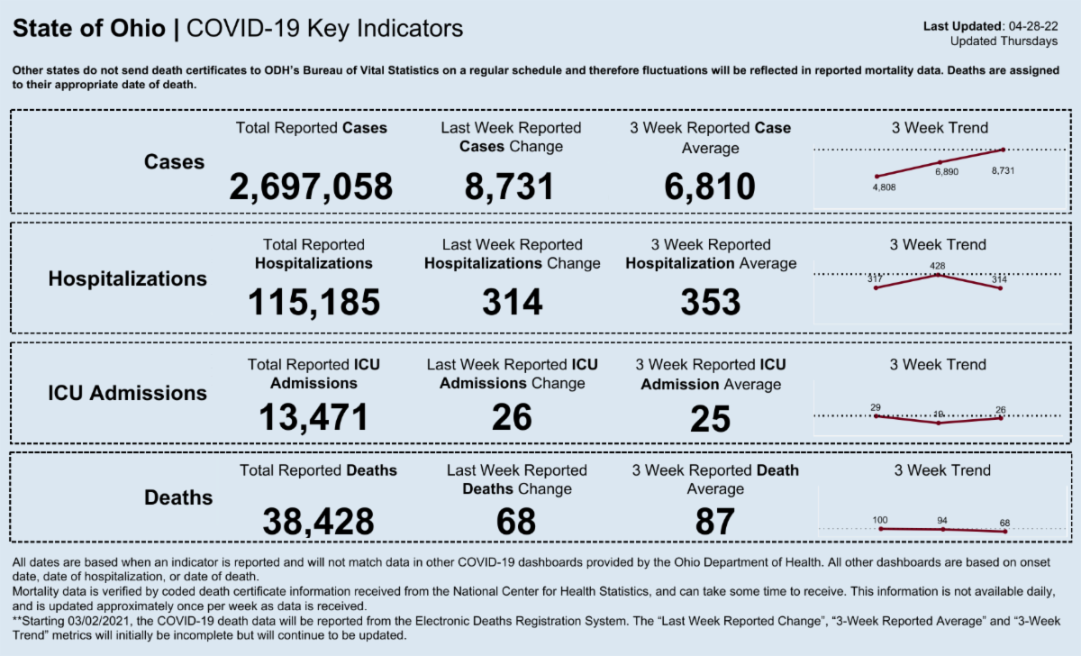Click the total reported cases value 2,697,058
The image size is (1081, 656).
pos(311,187)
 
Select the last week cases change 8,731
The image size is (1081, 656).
pos(509,187)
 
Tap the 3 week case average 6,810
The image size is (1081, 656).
pos(710,187)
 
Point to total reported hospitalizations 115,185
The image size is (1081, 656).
pos(313,303)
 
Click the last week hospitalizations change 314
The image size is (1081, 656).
pos(512,303)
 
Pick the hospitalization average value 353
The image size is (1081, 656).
pos(711,303)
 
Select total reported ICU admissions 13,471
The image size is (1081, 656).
pos(313,417)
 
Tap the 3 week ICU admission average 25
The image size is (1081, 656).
pos(710,419)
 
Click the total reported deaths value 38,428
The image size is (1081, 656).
pos(318,521)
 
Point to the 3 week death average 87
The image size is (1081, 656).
pos(714,522)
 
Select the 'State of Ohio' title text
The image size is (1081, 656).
pos(89,29)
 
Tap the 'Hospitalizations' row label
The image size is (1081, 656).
pos(127,278)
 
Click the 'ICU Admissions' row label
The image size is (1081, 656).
pos(127,393)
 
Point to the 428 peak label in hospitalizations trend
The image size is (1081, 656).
pos(938,266)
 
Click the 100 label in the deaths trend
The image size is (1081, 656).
pos(881,520)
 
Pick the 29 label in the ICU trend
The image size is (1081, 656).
pos(875,407)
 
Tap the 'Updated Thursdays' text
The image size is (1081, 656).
pos(1004,41)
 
